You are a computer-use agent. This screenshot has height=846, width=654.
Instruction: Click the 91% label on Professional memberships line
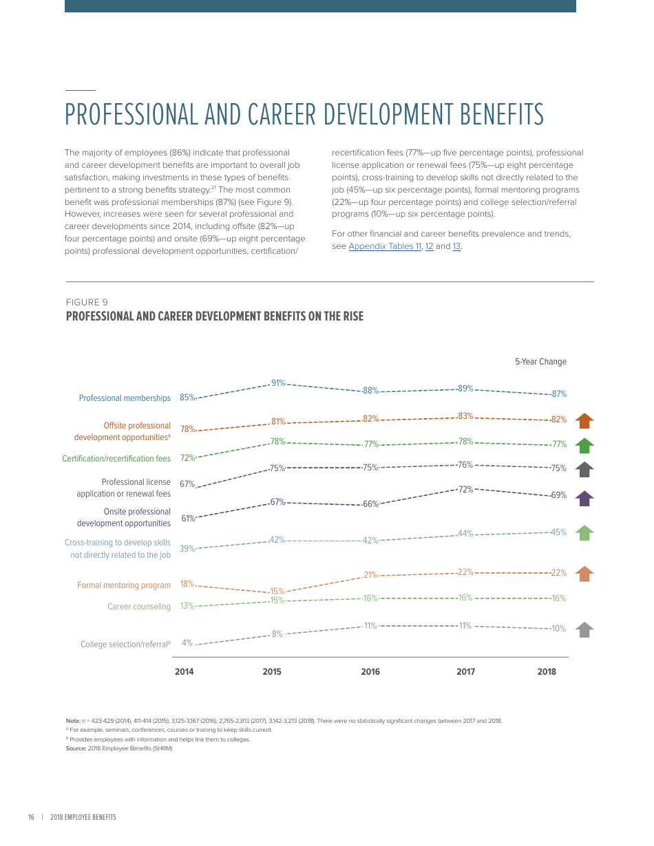(277, 383)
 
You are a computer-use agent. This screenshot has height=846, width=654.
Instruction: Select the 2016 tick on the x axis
(370, 672)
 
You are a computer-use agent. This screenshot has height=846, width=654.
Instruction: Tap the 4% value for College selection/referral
(187, 643)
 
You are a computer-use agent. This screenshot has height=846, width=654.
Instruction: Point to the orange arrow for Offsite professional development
(584, 420)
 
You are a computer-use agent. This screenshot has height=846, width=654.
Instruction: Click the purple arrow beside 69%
(584, 499)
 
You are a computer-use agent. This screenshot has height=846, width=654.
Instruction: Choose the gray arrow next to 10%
(584, 629)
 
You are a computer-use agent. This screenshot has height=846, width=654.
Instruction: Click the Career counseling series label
(138, 607)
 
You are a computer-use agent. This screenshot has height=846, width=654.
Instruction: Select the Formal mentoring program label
(124, 585)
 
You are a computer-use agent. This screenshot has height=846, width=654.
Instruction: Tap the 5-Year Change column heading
(540, 362)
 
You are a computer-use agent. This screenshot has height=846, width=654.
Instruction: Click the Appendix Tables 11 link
(384, 246)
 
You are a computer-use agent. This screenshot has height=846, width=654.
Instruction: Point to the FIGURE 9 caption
(87, 302)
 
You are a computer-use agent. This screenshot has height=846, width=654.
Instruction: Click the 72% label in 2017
(465, 490)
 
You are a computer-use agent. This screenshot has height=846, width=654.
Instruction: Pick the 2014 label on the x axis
(184, 672)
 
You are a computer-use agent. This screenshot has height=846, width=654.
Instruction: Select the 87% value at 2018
(558, 394)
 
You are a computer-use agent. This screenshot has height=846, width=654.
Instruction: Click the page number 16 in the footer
(31, 817)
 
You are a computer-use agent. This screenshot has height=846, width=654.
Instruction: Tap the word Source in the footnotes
(76, 748)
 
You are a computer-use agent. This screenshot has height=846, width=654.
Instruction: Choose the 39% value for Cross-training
(187, 549)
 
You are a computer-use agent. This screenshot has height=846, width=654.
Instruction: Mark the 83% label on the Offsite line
(465, 416)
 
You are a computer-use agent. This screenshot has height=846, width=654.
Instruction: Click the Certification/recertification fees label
(116, 459)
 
